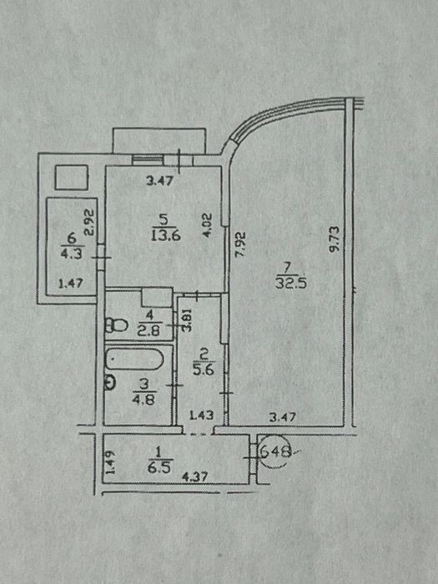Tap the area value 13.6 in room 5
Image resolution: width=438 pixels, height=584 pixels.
click(166, 236)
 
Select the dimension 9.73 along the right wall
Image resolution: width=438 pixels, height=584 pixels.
click(334, 239)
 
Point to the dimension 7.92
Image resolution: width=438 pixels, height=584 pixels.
click(242, 244)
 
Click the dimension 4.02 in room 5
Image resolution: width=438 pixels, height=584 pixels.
click(208, 225)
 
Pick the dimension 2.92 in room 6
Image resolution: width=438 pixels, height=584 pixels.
click(90, 223)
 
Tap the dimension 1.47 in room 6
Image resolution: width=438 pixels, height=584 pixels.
click(70, 284)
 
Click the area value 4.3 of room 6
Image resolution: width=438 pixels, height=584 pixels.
click(71, 254)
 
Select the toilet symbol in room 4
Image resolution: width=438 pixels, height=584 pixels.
click(116, 325)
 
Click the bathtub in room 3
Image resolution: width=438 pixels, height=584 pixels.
click(134, 359)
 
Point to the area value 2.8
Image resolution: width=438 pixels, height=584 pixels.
click(149, 330)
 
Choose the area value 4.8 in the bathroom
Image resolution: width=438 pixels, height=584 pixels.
click(144, 400)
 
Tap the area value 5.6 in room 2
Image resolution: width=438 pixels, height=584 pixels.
click(204, 369)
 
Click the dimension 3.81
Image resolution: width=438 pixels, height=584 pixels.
click(188, 320)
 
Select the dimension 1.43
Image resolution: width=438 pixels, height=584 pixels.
click(202, 415)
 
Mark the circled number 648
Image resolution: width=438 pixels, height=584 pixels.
click(275, 451)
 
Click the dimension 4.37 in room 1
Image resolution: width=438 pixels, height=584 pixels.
click(194, 477)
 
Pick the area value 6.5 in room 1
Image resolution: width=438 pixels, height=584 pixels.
click(159, 467)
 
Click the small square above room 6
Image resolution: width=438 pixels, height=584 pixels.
click(72, 177)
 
